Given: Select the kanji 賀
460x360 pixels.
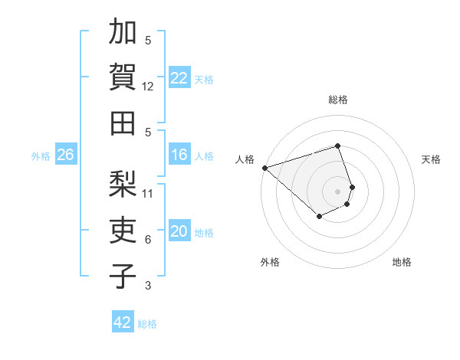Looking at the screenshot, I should [122, 77].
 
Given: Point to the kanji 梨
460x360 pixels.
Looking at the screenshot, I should [122, 185].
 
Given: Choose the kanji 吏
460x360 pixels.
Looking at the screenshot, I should [122, 230].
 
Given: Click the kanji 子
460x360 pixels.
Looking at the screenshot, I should [122, 275].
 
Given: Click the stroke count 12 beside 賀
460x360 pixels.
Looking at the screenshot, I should [148, 87].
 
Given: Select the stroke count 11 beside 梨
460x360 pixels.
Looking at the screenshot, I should [148, 193].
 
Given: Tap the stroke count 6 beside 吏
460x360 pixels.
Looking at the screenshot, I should [148, 240].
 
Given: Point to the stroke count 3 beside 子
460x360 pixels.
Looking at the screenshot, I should [148, 286].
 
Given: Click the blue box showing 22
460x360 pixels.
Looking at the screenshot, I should [179, 78].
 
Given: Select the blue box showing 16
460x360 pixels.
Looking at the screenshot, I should [179, 155].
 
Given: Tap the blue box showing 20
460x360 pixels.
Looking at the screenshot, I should [179, 231].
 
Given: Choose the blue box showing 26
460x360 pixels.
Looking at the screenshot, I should [65, 155].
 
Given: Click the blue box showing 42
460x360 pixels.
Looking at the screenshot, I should [123, 322].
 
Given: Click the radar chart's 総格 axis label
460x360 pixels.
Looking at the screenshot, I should [338, 100].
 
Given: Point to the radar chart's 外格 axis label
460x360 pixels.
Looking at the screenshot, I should [270, 262].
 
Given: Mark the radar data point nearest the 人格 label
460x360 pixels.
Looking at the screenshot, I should [264, 168].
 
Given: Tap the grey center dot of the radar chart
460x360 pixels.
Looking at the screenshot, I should [337, 191].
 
